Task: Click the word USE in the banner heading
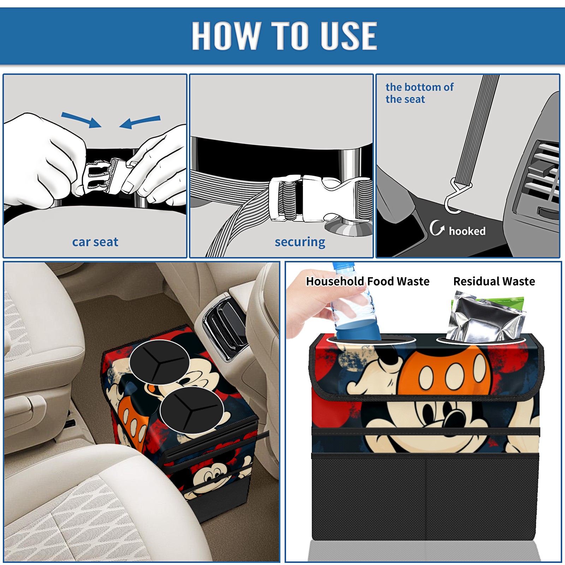pos(349,35)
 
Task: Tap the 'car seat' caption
pos(95,242)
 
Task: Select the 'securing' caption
pos(300,242)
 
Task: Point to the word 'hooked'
pos(467,231)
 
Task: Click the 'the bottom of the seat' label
pos(420,93)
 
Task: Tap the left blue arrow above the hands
pos(81,120)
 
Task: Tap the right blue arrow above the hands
pos(140,122)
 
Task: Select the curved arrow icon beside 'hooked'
pos(436,228)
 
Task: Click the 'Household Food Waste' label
pos(368,281)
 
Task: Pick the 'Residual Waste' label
pos(494,281)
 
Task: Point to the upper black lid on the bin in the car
pos(159,362)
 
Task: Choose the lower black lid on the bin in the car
pos(191,410)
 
